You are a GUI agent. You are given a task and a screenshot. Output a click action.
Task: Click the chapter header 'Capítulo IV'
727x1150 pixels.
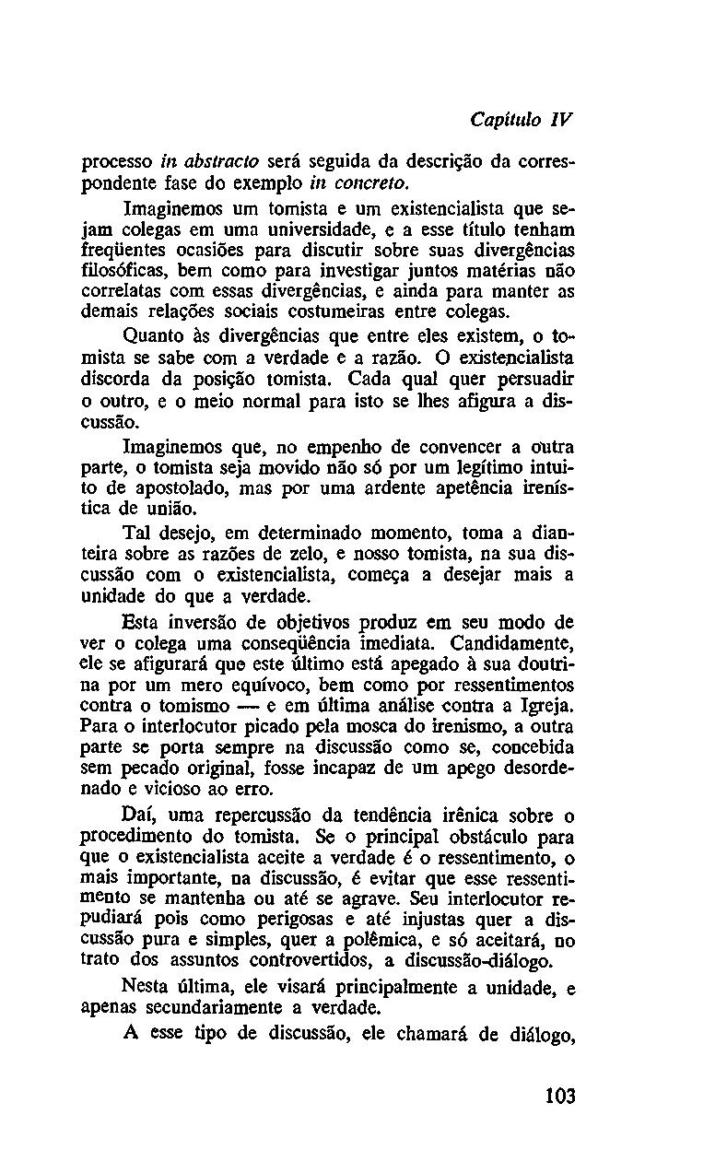click(x=522, y=121)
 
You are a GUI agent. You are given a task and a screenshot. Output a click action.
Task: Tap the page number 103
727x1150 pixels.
click(x=559, y=1096)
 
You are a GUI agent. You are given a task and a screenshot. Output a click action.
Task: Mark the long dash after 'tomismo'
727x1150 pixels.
click(x=250, y=707)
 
